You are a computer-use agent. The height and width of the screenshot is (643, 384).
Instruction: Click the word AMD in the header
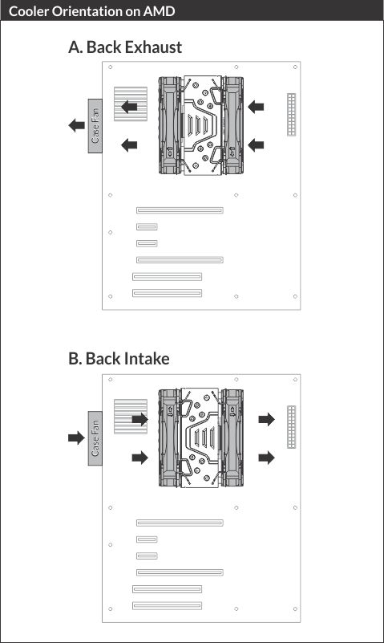[159, 11]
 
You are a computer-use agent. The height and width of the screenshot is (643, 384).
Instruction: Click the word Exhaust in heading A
[153, 47]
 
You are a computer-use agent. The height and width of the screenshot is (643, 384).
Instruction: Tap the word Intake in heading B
[148, 358]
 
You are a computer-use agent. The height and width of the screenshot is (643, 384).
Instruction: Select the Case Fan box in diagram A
[95, 126]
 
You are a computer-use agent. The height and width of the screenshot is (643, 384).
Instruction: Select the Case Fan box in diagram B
[95, 438]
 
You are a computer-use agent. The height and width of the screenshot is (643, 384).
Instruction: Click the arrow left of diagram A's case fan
[76, 125]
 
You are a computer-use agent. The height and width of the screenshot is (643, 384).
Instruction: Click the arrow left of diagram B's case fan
[76, 437]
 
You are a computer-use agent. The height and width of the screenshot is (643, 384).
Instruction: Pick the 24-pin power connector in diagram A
[292, 115]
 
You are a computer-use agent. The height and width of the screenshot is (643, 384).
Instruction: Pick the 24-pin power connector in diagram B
[292, 427]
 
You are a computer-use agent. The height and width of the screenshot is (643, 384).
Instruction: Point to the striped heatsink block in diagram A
[131, 104]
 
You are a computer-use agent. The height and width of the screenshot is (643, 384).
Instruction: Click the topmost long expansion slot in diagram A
[180, 210]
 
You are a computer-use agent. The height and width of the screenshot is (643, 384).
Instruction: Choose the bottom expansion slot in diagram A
[167, 293]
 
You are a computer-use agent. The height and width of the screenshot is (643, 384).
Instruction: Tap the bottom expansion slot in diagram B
[167, 605]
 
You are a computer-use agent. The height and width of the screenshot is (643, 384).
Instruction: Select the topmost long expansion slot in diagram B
[180, 523]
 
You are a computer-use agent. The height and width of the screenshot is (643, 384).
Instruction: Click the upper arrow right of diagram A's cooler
[256, 107]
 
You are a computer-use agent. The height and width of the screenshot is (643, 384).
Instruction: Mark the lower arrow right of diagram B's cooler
[266, 458]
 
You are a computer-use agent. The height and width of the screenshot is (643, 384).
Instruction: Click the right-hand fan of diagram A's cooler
[233, 125]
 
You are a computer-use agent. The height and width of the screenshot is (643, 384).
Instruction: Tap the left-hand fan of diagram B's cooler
[169, 438]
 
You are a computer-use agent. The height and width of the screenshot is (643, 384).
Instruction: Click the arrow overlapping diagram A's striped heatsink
[129, 107]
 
